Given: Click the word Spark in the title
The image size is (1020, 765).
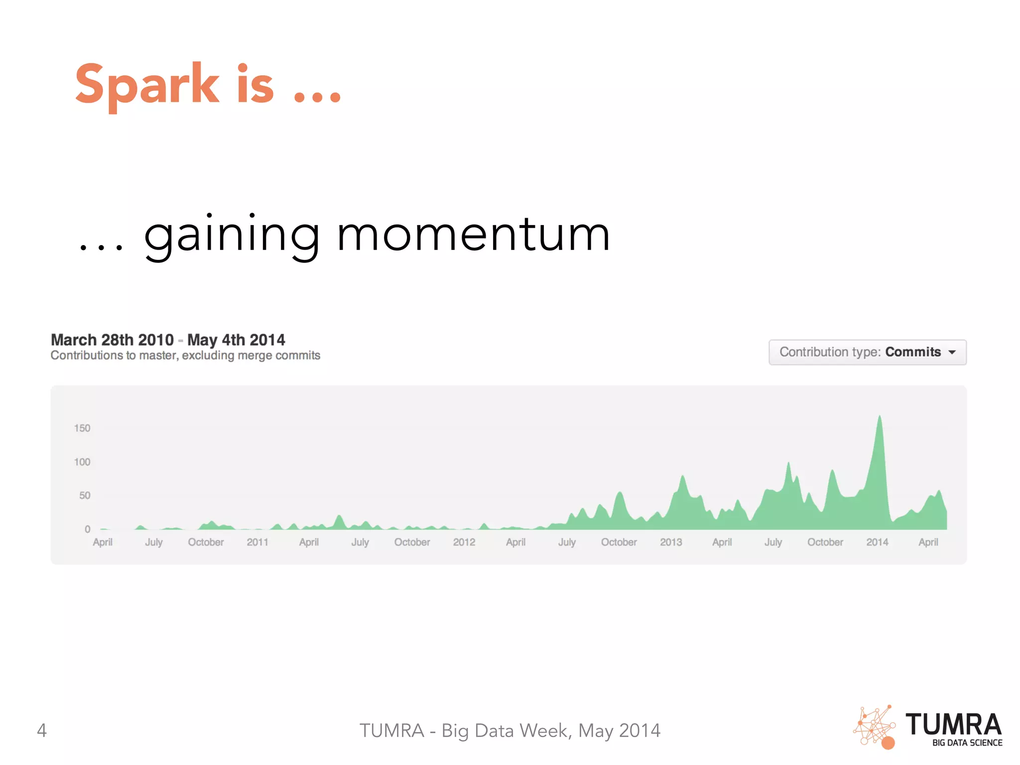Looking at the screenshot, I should [147, 85].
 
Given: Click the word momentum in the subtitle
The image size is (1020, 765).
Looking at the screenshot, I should [473, 235].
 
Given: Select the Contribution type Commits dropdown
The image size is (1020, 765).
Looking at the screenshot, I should [867, 352].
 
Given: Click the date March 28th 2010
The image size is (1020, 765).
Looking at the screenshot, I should [112, 340].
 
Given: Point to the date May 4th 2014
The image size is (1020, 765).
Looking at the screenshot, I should [236, 340].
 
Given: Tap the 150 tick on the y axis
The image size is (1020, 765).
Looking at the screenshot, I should [82, 428].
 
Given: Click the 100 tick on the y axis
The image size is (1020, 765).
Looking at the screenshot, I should [82, 462].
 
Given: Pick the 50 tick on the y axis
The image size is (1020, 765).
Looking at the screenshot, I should [85, 496].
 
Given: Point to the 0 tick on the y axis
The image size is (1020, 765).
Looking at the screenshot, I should [87, 529].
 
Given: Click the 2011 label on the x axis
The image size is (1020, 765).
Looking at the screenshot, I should [257, 542].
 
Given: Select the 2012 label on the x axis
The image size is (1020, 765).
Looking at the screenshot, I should [464, 542].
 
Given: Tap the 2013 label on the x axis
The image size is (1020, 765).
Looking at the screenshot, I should [670, 542].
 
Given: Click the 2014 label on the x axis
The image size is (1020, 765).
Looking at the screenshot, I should [877, 542].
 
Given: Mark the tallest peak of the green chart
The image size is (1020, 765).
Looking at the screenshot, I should [880, 417].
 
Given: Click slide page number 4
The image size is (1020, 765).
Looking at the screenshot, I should [42, 731].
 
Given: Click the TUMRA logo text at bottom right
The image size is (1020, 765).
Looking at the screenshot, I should [953, 725].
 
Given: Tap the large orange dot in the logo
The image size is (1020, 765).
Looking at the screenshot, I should [888, 743].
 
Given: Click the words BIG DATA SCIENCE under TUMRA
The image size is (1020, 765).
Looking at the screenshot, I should [967, 743].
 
